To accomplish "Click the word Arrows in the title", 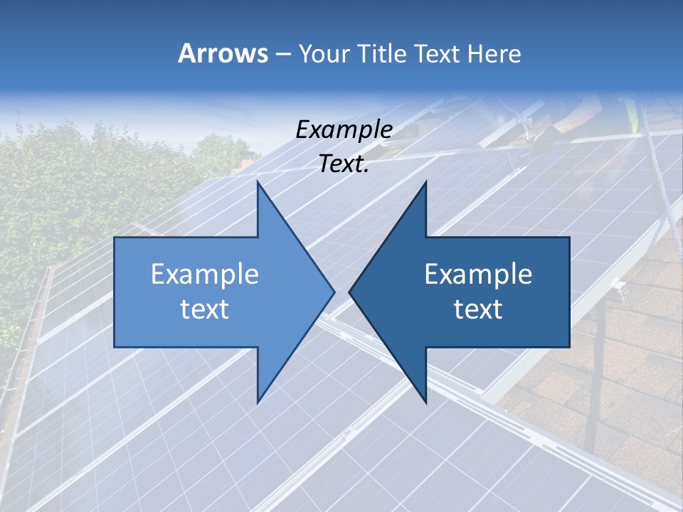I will pyautogui.click(x=223, y=53).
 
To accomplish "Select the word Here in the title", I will pyautogui.click(x=494, y=53).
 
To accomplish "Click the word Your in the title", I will pyautogui.click(x=323, y=54).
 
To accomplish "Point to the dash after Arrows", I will pyautogui.click(x=282, y=54).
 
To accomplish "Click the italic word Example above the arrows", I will pyautogui.click(x=344, y=129).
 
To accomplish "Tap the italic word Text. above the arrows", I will pyautogui.click(x=344, y=164).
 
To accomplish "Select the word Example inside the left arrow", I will pyautogui.click(x=205, y=274).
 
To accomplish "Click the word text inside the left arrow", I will pyautogui.click(x=205, y=309).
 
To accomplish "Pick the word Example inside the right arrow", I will pyautogui.click(x=478, y=274).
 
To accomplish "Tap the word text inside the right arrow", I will pyautogui.click(x=478, y=309).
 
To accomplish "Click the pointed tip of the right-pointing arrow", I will pyautogui.click(x=332, y=292).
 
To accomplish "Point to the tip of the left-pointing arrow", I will pyautogui.click(x=351, y=292).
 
